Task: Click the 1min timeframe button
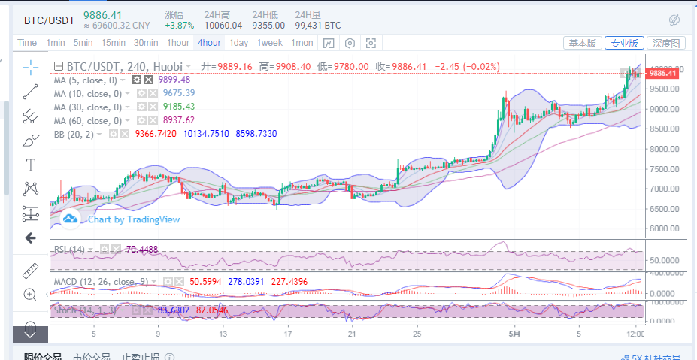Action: [56, 43]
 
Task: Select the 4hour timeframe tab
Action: [208, 43]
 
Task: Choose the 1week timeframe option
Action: [269, 43]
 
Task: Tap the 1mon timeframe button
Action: [302, 43]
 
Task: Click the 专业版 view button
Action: [624, 44]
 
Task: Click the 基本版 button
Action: [583, 44]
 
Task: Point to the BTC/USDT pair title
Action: [49, 20]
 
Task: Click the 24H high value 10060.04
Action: [223, 26]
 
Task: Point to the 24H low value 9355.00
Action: [268, 26]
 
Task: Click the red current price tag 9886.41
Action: [662, 73]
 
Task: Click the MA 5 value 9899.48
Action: [174, 80]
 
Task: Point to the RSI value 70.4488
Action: [142, 249]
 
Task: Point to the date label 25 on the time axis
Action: [417, 333]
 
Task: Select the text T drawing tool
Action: [31, 165]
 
